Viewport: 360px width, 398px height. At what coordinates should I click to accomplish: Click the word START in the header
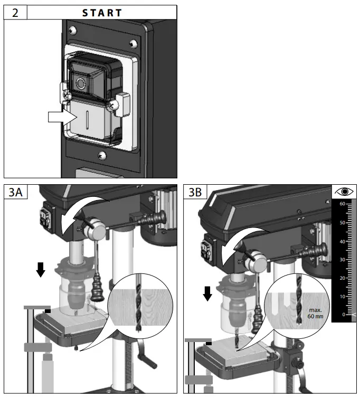(102, 13)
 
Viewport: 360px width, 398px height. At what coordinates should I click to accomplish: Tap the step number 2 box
(15, 13)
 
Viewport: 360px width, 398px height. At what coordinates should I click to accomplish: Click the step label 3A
(15, 192)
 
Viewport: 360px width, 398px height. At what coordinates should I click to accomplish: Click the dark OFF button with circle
(81, 83)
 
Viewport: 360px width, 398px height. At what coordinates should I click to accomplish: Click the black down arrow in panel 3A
(40, 270)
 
